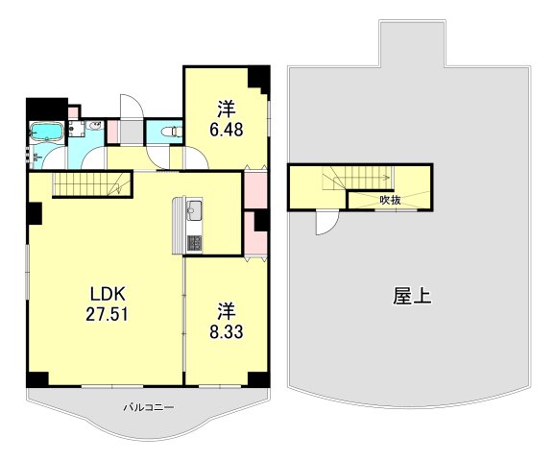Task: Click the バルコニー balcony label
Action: click(x=148, y=407)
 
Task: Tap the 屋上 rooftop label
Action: click(x=412, y=296)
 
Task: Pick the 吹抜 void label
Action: click(x=390, y=200)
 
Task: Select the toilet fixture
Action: click(x=171, y=132)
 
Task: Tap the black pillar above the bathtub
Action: click(x=44, y=107)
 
